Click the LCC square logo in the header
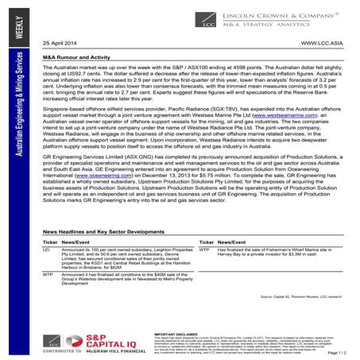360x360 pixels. tap(211, 14)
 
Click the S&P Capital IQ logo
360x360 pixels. tap(76, 343)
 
